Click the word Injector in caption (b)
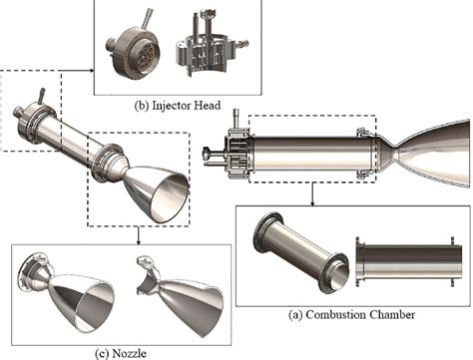[x=171, y=106]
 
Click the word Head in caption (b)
[x=207, y=105]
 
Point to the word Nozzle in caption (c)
[x=130, y=353]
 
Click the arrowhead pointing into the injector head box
[x=92, y=70]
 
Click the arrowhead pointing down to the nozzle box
[x=138, y=241]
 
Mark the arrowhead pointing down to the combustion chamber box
[x=312, y=202]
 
